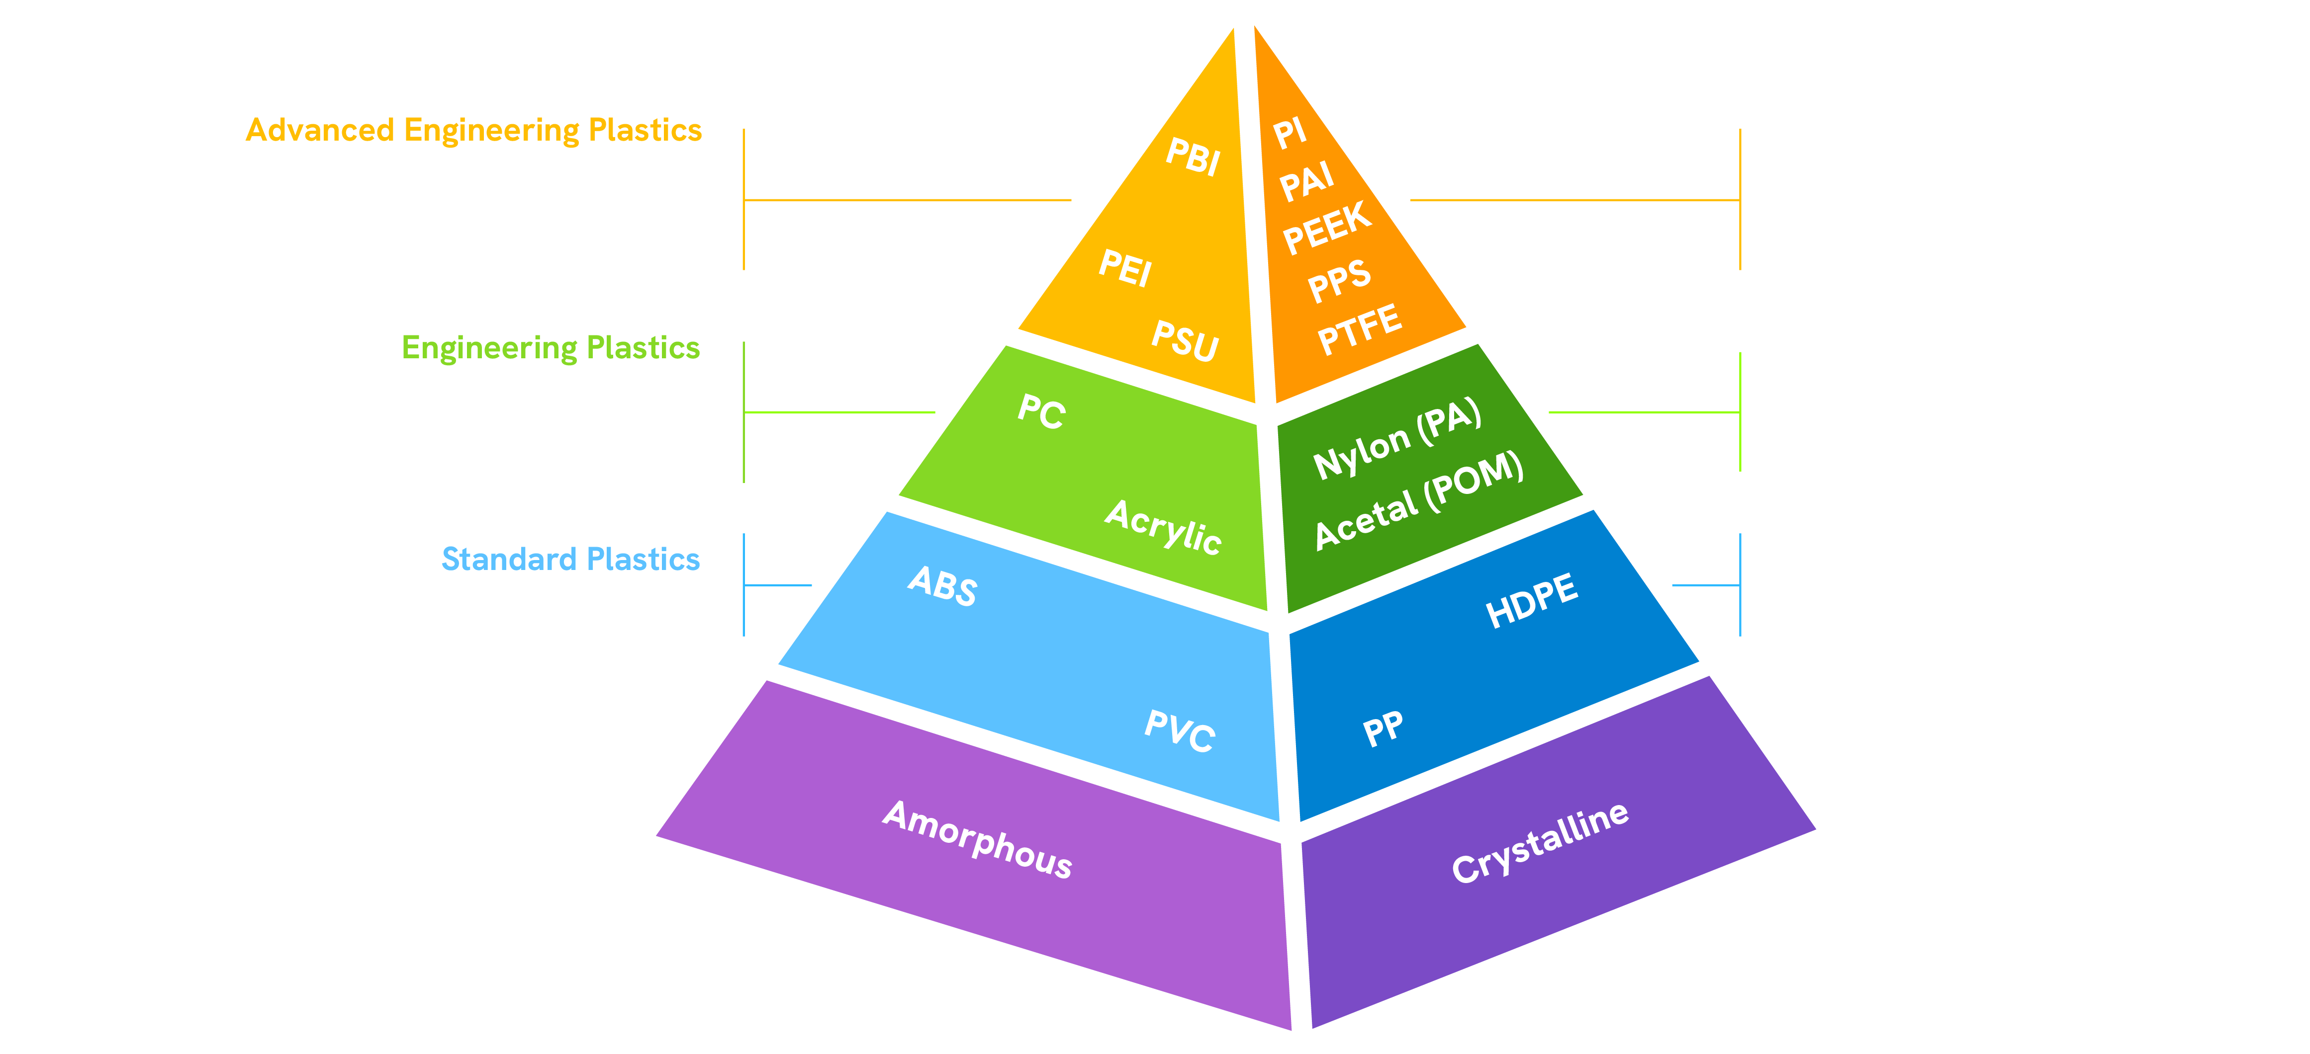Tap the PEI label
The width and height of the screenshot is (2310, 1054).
[1125, 268]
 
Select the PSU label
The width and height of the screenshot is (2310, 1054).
[1185, 340]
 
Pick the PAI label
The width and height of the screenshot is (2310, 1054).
[1306, 182]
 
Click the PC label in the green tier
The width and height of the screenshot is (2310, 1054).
[1041, 411]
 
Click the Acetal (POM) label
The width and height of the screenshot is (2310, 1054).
[1419, 500]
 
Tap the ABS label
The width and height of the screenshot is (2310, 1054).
[942, 586]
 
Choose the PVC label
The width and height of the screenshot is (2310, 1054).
[1180, 730]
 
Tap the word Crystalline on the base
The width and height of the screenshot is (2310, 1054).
[1540, 842]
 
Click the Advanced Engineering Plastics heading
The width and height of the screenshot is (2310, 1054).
[473, 131]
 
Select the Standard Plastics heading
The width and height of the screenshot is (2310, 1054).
[570, 559]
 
